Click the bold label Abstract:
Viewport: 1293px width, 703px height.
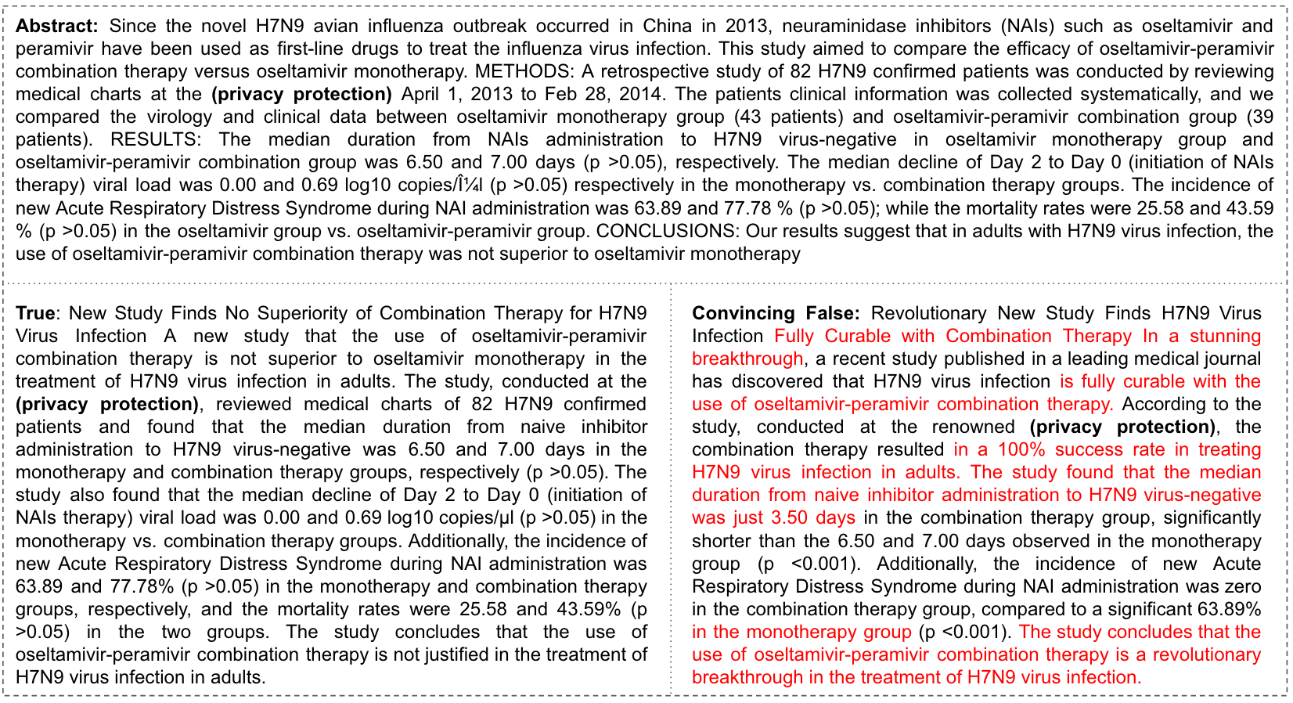(57, 26)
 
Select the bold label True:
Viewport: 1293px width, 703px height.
(36, 314)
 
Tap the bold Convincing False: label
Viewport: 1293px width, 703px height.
(775, 314)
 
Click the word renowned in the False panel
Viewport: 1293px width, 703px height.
(976, 427)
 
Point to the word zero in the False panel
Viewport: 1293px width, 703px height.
(1241, 586)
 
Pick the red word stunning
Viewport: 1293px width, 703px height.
(1226, 337)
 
